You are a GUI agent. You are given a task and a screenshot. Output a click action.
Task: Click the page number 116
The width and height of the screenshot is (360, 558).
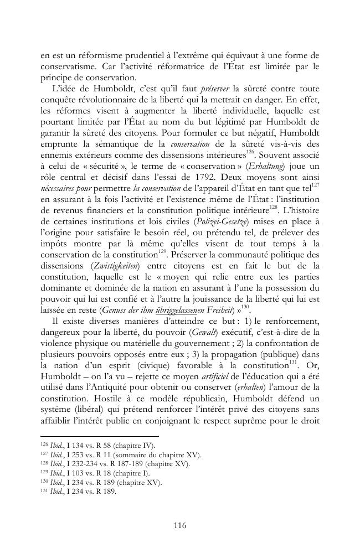pos(180,525)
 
